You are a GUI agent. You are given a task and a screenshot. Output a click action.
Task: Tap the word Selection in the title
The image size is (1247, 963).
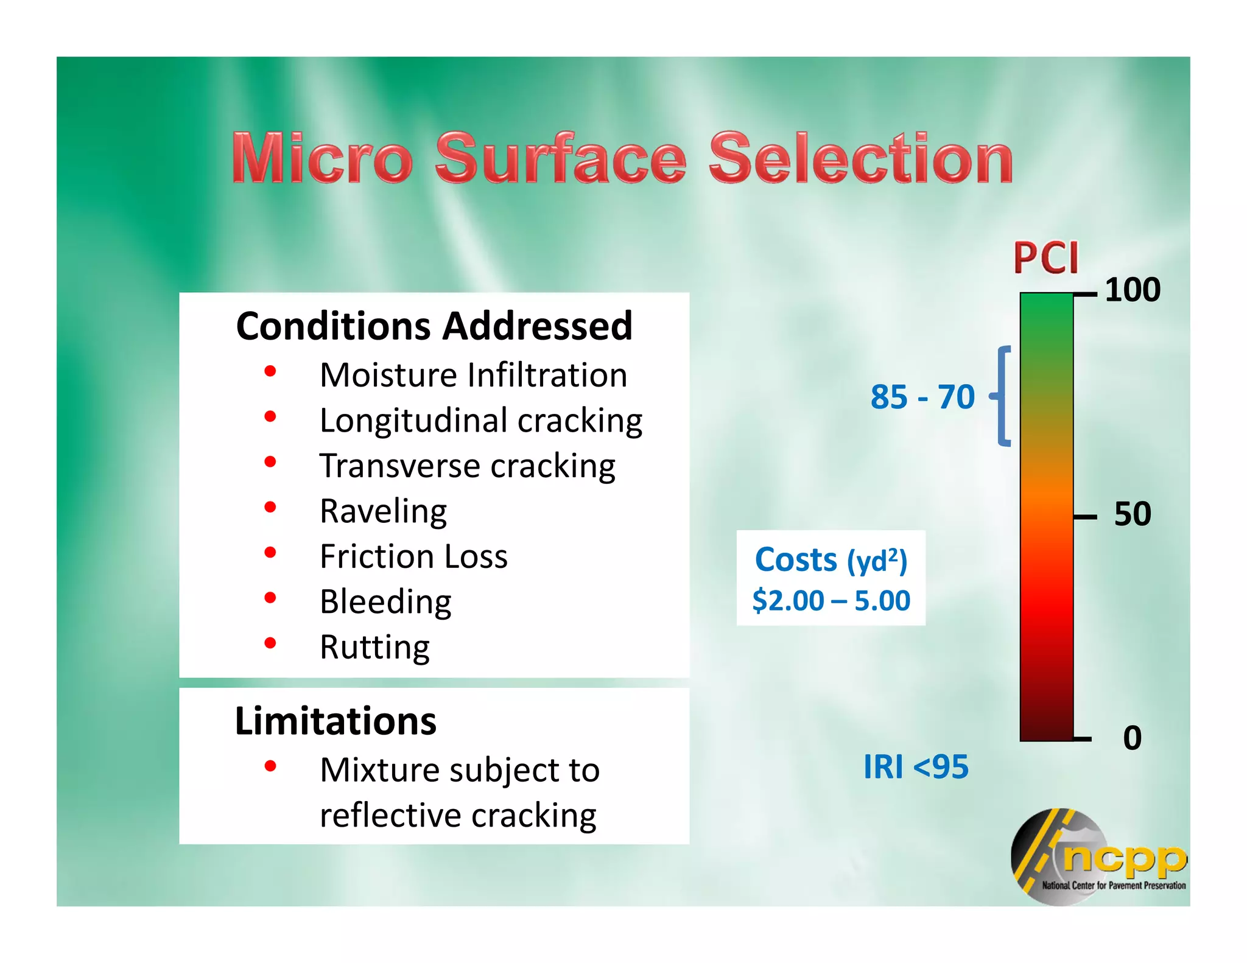point(861,158)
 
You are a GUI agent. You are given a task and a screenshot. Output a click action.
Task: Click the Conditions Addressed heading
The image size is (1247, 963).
point(434,326)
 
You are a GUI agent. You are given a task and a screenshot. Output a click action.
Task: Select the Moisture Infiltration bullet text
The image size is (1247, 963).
point(473,375)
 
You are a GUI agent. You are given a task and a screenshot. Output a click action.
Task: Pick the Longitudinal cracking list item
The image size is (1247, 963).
point(480,421)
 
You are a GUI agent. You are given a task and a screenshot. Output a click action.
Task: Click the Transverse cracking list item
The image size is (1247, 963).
point(467,466)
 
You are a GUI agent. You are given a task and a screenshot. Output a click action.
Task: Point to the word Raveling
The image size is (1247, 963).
point(383,511)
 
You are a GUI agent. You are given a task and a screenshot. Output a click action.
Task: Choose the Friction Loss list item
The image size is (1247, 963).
point(413,556)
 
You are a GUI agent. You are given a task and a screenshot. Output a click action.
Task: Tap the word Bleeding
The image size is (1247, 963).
point(385,602)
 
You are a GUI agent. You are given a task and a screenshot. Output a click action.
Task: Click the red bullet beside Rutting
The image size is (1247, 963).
point(270,643)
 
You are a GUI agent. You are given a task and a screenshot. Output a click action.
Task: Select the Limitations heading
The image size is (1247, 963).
point(335,721)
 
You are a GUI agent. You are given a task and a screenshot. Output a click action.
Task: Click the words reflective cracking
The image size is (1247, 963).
point(458,816)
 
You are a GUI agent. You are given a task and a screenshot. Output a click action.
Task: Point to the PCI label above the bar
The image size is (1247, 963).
point(1045,258)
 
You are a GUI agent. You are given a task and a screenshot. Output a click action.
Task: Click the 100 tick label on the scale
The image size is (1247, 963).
point(1132,290)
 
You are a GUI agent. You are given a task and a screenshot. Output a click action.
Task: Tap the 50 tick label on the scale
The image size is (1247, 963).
point(1132,514)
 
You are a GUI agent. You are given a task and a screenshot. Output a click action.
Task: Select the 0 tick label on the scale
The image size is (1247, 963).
point(1132,738)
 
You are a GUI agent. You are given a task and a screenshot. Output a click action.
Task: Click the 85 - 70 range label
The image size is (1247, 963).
point(922,397)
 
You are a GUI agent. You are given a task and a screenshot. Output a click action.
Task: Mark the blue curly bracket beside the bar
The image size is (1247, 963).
point(1002,396)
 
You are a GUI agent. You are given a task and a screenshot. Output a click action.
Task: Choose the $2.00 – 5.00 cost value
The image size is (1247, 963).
point(831,601)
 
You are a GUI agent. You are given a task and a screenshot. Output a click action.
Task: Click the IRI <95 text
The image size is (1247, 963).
point(915,767)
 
